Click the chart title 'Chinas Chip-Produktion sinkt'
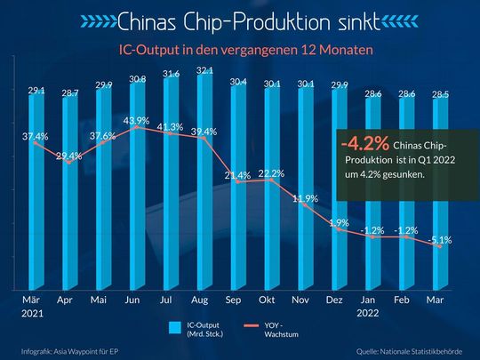[239, 20]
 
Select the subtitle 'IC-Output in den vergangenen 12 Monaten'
[239, 50]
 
